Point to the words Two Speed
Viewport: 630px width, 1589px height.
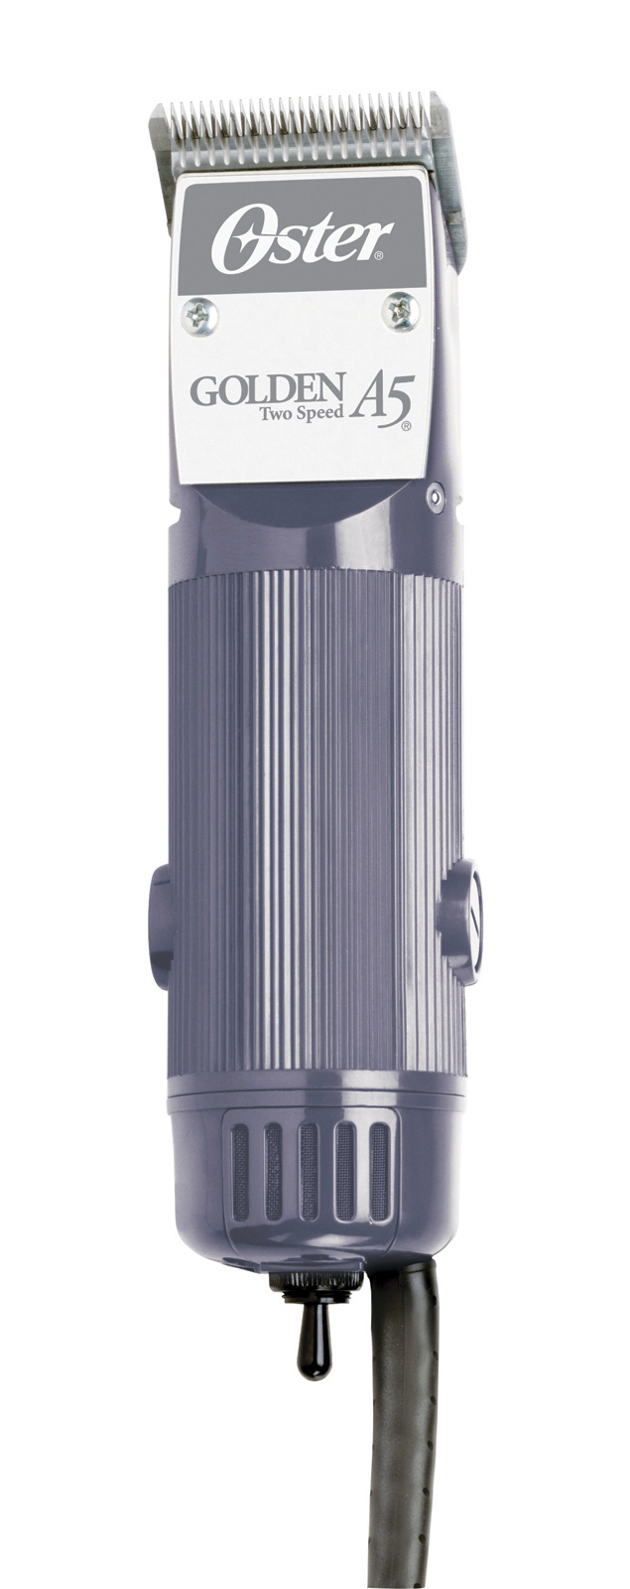pos(302,413)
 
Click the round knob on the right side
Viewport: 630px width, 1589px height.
pos(462,921)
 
